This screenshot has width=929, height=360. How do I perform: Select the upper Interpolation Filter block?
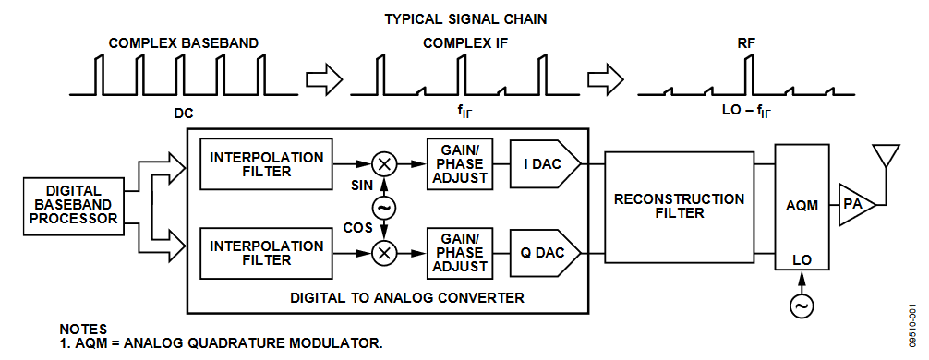point(266,164)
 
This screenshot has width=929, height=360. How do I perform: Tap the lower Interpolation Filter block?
point(266,253)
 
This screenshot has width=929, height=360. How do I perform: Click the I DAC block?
point(545,164)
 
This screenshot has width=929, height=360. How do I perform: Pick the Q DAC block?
point(545,253)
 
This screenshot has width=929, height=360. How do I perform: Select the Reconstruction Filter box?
point(679,206)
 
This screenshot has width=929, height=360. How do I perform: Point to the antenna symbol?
point(887,159)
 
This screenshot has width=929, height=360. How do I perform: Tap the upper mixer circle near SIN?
point(383,164)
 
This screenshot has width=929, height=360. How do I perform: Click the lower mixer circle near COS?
point(383,253)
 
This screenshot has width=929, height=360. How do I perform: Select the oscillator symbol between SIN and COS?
point(383,208)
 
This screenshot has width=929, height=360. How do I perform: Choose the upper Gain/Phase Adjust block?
point(460,164)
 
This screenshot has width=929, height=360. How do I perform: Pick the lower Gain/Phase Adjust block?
point(460,253)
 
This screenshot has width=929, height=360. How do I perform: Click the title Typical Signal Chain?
point(465,19)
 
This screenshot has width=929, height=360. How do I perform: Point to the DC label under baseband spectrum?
point(184,112)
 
